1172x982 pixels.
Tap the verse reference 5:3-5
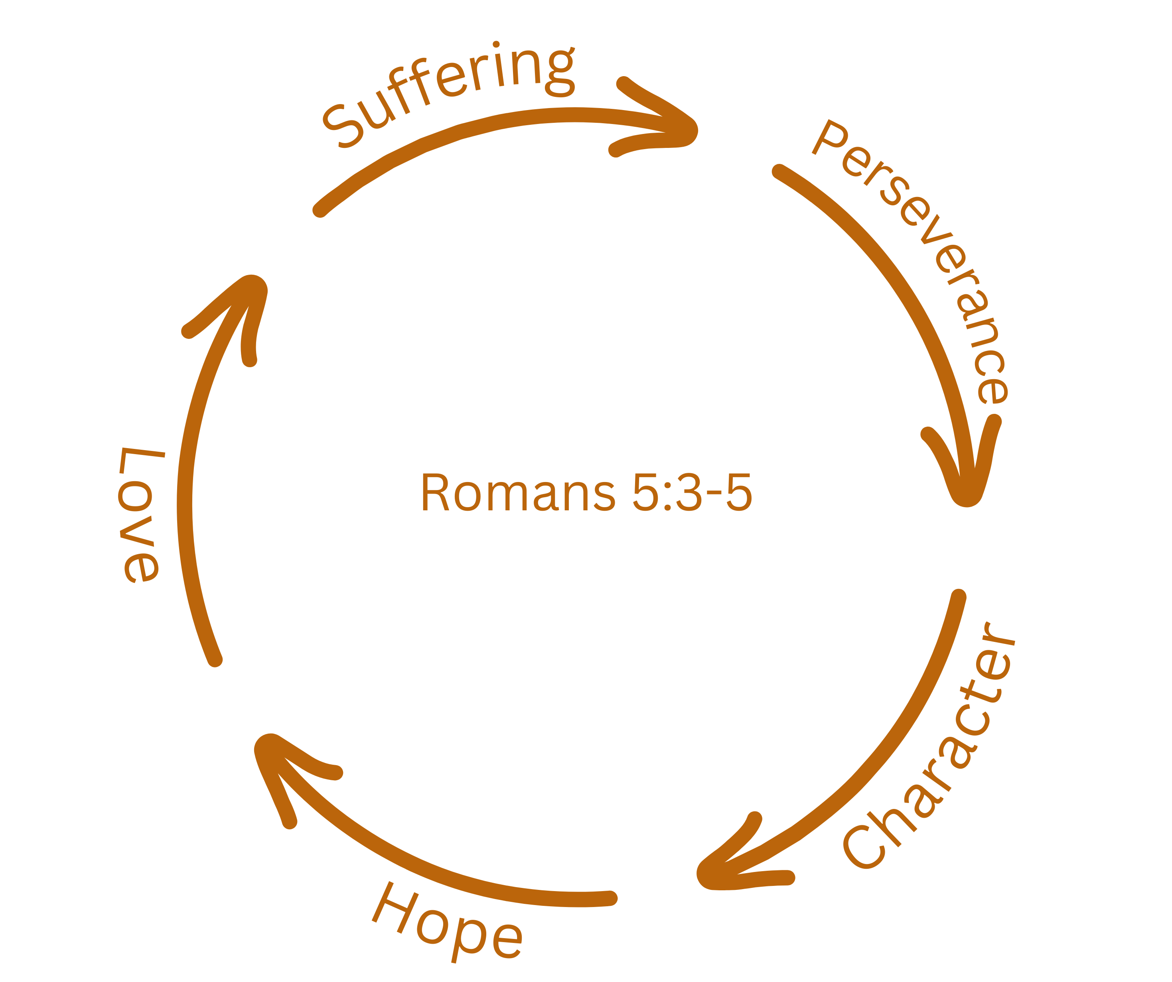coord(692,492)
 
